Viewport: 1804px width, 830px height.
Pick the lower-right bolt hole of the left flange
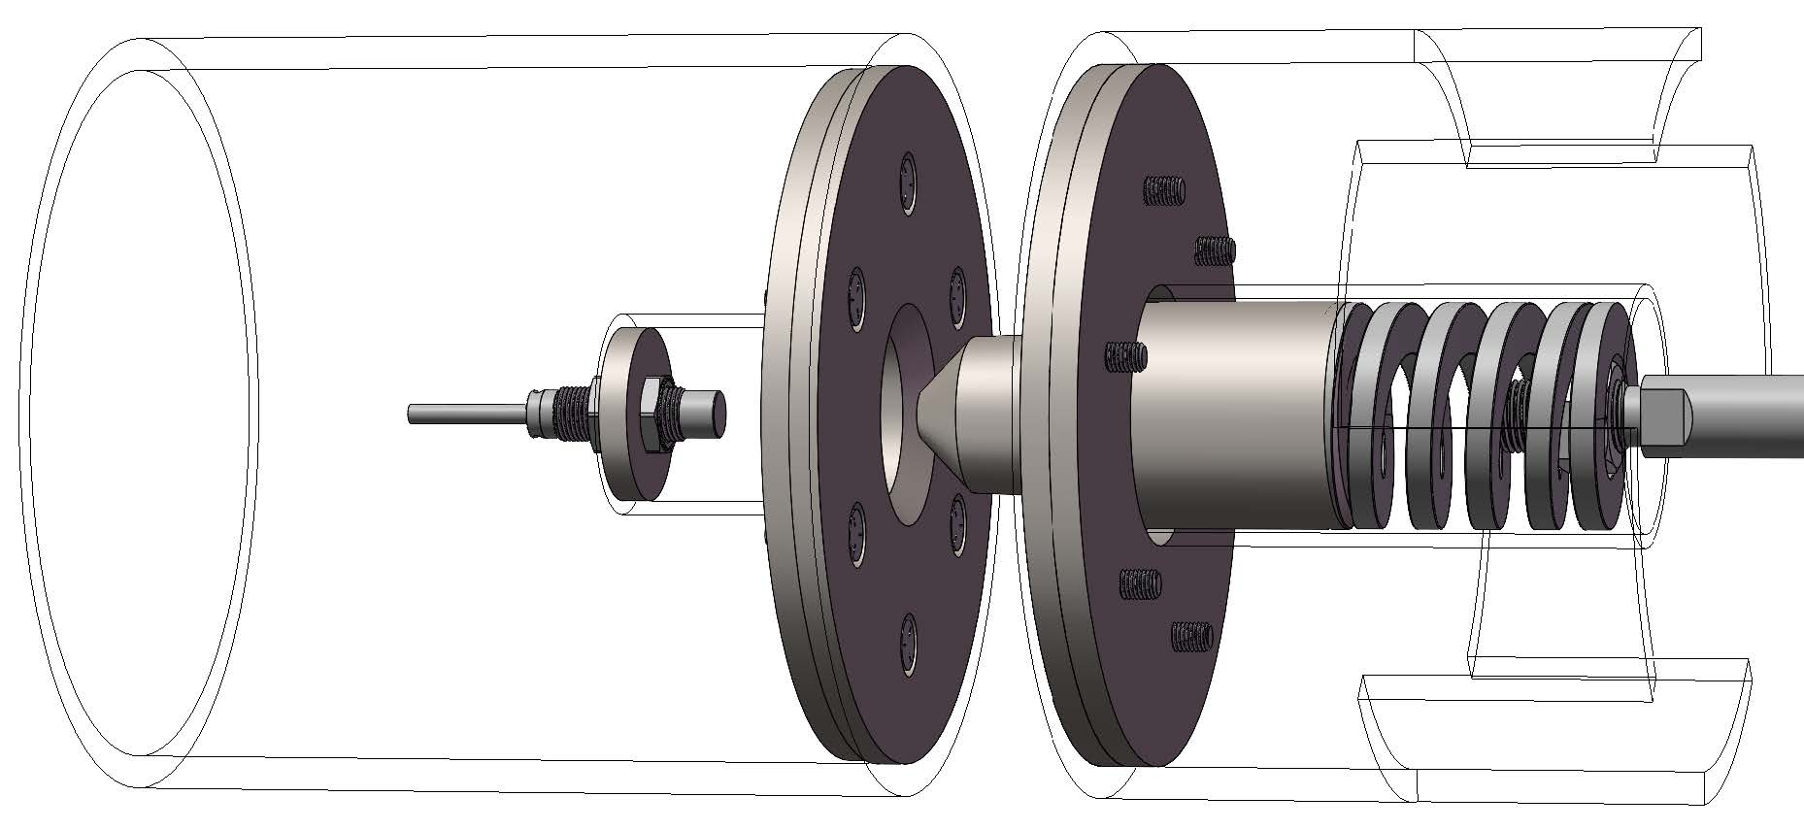[x=957, y=525]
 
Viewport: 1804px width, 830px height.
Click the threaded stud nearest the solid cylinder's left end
[x=1126, y=357]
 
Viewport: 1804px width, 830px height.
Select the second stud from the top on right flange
[x=1213, y=251]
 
